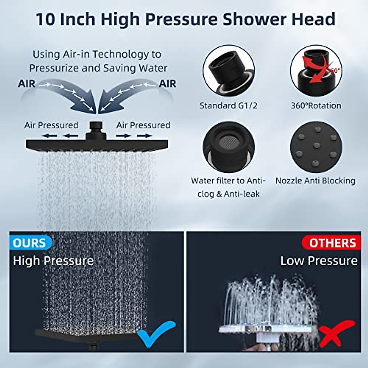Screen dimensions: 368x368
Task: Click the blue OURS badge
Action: point(29,243)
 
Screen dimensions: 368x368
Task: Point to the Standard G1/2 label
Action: point(228,105)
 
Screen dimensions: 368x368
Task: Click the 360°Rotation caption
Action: point(316,105)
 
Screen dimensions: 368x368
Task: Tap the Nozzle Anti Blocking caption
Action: point(315,181)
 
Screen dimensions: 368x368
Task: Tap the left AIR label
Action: point(27,83)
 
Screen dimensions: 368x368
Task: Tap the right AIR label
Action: point(167,83)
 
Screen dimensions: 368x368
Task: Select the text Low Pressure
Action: point(319,261)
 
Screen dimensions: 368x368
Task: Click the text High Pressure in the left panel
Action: point(53,261)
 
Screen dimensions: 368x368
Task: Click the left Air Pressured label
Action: point(51,125)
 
